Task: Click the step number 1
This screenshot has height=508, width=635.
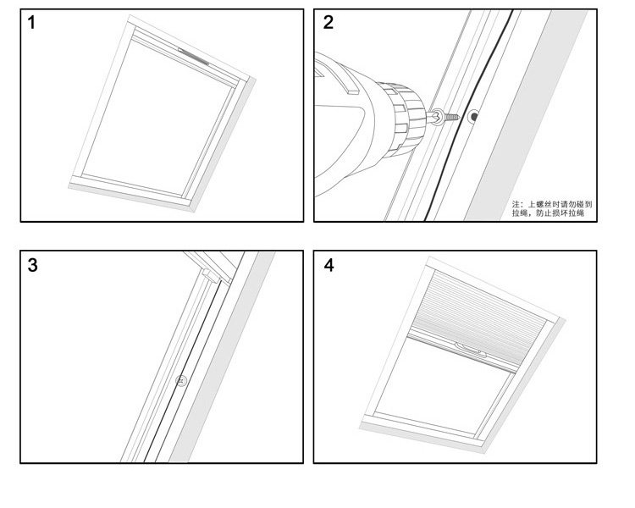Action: click(32, 23)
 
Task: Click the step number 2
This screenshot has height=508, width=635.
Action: click(329, 23)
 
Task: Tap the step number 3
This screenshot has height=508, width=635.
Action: click(32, 265)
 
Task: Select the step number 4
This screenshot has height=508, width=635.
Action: click(329, 265)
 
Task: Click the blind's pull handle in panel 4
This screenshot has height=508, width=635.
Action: click(468, 347)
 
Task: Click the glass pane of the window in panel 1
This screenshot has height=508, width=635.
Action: click(161, 119)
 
